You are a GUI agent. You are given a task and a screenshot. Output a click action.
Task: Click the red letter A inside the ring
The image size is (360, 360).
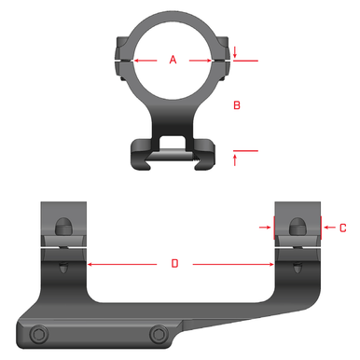(173, 60)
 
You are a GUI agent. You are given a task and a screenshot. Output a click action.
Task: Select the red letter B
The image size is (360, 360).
(237, 106)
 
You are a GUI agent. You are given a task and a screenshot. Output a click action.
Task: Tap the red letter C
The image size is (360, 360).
(343, 227)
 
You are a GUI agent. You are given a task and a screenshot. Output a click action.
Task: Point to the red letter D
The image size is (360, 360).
(174, 264)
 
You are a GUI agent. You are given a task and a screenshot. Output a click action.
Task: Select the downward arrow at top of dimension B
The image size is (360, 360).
(235, 53)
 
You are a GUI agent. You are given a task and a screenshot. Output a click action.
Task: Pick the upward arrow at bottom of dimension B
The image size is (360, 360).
(235, 159)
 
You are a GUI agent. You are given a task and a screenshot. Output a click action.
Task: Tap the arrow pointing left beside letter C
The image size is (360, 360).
(326, 227)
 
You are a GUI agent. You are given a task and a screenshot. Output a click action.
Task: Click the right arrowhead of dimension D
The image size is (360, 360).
(270, 264)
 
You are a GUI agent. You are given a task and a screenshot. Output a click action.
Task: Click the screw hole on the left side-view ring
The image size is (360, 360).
(62, 226)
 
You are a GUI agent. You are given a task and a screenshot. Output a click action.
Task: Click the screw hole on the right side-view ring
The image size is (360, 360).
(296, 226)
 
